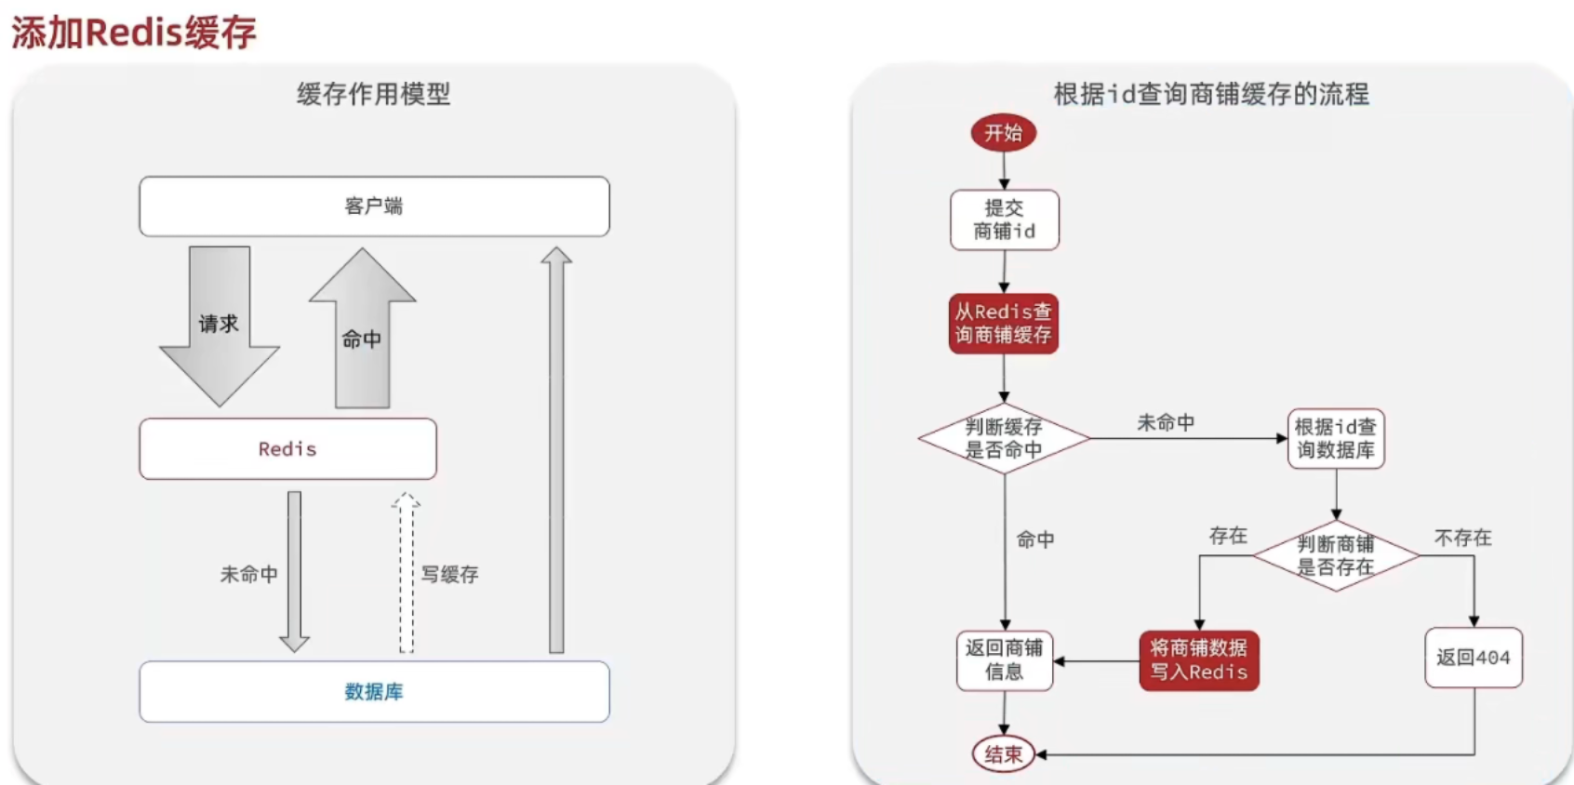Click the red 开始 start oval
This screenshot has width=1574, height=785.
click(x=1003, y=132)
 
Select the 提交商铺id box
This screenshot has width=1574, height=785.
click(x=1004, y=220)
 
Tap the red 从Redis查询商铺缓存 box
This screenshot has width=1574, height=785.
click(x=1003, y=323)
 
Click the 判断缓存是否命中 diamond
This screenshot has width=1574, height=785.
click(x=1003, y=438)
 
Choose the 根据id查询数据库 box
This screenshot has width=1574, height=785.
click(x=1335, y=438)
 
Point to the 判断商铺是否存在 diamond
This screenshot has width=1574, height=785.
click(x=1335, y=555)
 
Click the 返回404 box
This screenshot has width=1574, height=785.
click(x=1473, y=658)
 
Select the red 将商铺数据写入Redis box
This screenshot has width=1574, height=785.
click(x=1198, y=660)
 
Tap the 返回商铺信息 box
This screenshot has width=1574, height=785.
click(x=1004, y=659)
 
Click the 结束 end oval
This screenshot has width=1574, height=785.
click(x=1003, y=753)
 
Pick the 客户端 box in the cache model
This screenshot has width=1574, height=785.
click(x=374, y=206)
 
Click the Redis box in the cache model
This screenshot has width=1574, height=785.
click(x=287, y=448)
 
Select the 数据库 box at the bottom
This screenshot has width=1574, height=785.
click(x=374, y=691)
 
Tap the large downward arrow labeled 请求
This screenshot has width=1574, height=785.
click(x=220, y=326)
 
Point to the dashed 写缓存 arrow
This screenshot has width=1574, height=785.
click(x=406, y=573)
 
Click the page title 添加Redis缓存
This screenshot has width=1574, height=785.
click(x=134, y=33)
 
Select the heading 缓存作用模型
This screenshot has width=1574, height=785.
click(x=373, y=94)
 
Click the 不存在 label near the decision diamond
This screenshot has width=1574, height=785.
click(x=1462, y=538)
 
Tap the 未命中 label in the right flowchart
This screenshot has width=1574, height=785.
click(x=1165, y=422)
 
